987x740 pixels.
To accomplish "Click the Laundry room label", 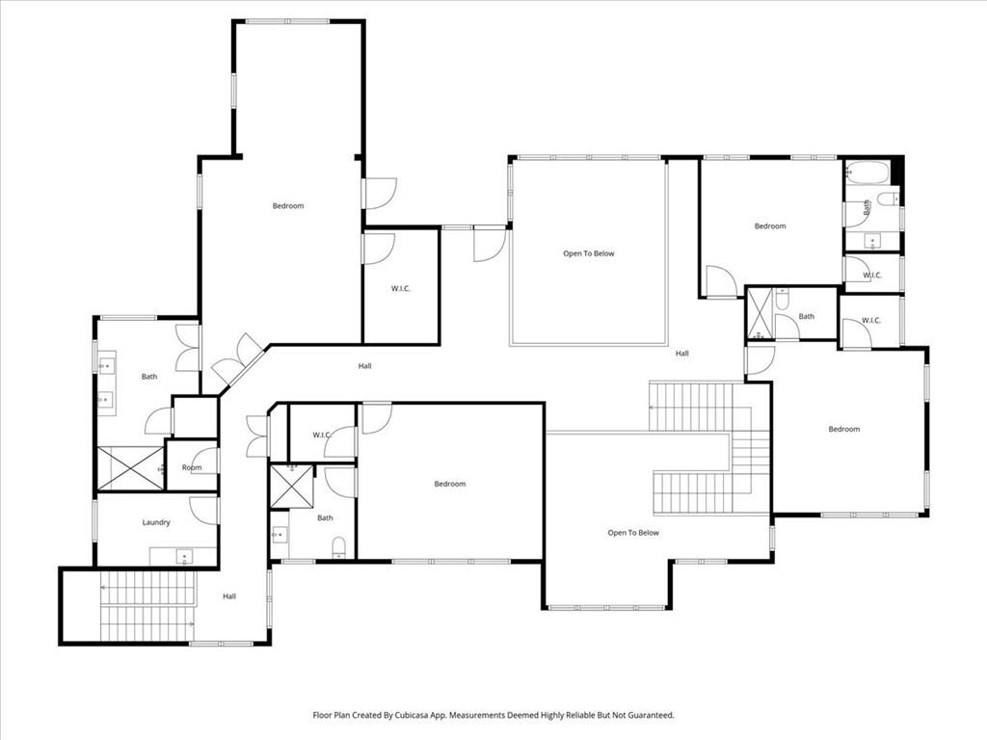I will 156,522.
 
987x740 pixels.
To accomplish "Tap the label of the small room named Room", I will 192,467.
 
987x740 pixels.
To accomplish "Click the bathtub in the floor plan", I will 867,173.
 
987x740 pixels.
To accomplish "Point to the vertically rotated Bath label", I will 867,206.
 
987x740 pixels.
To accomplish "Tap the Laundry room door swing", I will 204,510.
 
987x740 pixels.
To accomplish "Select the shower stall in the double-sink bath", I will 131,468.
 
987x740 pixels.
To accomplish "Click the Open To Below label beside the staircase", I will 633,532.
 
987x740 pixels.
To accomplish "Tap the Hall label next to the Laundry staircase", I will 229,596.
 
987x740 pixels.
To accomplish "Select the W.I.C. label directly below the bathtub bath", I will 872,275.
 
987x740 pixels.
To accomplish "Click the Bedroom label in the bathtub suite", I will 770,226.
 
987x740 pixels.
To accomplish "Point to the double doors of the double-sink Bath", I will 187,348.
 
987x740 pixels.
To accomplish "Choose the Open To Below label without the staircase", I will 589,253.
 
